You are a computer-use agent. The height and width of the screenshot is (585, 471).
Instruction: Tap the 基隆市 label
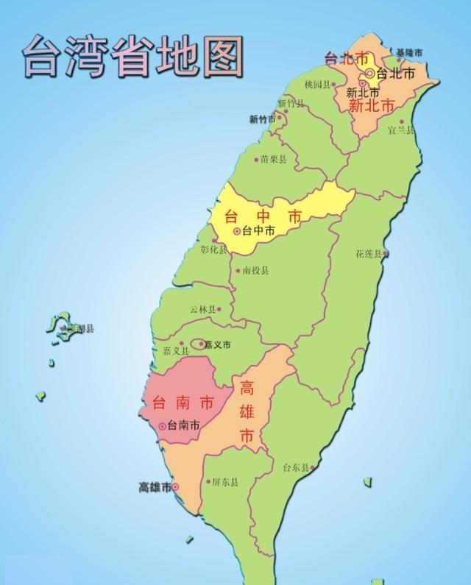[409, 53]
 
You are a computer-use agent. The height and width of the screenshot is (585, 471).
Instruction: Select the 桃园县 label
[319, 85]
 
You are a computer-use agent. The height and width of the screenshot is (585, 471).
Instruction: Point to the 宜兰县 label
[400, 130]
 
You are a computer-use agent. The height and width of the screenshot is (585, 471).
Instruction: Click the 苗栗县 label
[274, 159]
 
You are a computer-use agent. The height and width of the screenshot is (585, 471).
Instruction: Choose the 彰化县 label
[214, 249]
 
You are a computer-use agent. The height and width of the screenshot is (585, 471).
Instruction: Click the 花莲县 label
[369, 254]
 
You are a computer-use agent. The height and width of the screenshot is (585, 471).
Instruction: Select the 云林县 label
[203, 310]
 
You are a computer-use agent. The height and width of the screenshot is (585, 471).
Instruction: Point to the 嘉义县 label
[166, 351]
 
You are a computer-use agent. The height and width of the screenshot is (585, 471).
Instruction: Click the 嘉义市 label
[217, 344]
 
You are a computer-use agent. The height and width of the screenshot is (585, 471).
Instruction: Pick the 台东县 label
[297, 467]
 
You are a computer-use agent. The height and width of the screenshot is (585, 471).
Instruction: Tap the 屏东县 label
[225, 483]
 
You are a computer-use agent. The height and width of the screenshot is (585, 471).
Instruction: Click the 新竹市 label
[262, 119]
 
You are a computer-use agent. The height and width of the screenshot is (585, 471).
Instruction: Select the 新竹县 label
[291, 104]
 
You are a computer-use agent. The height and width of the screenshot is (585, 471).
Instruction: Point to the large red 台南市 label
[183, 403]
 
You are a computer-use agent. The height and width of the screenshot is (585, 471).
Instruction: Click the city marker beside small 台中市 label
[236, 231]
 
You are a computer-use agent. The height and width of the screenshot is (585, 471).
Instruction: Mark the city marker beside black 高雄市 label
[175, 486]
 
